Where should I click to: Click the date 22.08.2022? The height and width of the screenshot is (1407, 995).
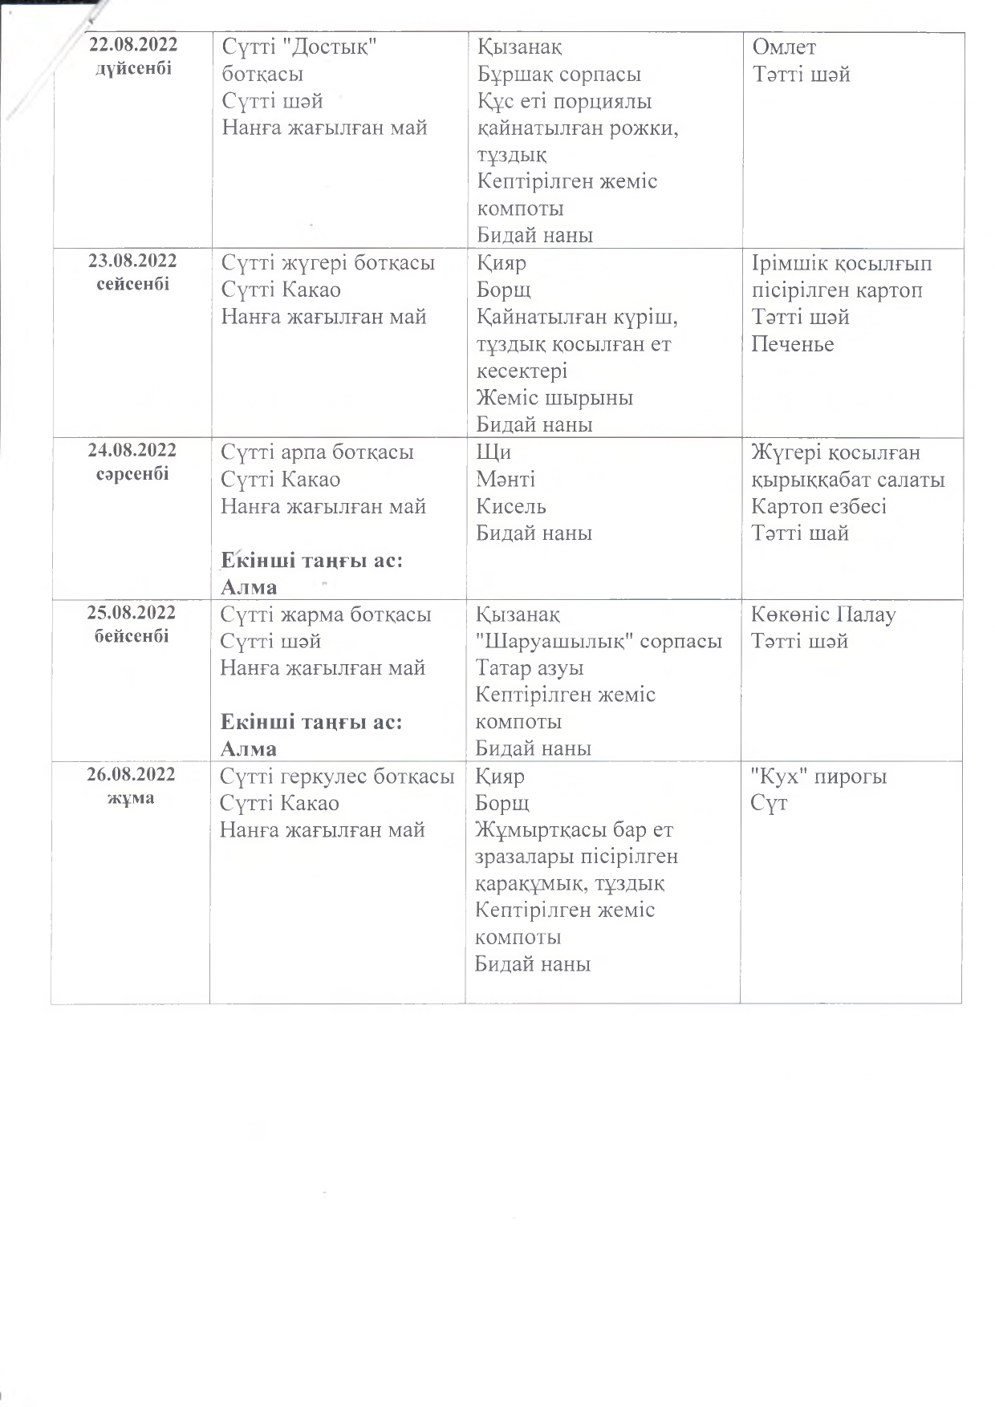tap(133, 45)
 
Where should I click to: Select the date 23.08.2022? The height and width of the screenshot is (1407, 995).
tap(133, 261)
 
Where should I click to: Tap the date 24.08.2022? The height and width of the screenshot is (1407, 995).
tap(132, 450)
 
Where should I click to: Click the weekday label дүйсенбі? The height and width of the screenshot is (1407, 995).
tap(133, 69)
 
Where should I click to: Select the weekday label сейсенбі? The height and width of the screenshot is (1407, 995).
tap(133, 284)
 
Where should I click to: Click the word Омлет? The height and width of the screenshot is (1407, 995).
tap(784, 47)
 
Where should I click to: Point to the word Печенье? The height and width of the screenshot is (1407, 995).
tap(793, 344)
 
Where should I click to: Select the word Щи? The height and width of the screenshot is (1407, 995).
tap(493, 452)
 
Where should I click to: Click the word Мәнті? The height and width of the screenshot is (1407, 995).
tap(506, 480)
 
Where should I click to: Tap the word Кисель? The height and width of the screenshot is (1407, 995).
tap(511, 506)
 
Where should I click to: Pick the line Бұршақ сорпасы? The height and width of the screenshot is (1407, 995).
tap(559, 75)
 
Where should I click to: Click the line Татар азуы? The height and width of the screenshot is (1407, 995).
tap(530, 667)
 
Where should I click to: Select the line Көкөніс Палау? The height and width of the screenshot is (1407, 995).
tap(823, 615)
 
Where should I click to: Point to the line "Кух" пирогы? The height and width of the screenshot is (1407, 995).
tap(818, 776)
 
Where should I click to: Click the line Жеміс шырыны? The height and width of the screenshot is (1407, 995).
tap(554, 398)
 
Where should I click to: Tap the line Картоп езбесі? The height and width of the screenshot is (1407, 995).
tap(818, 506)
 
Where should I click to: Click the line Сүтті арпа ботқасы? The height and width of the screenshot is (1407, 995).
tap(318, 452)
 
